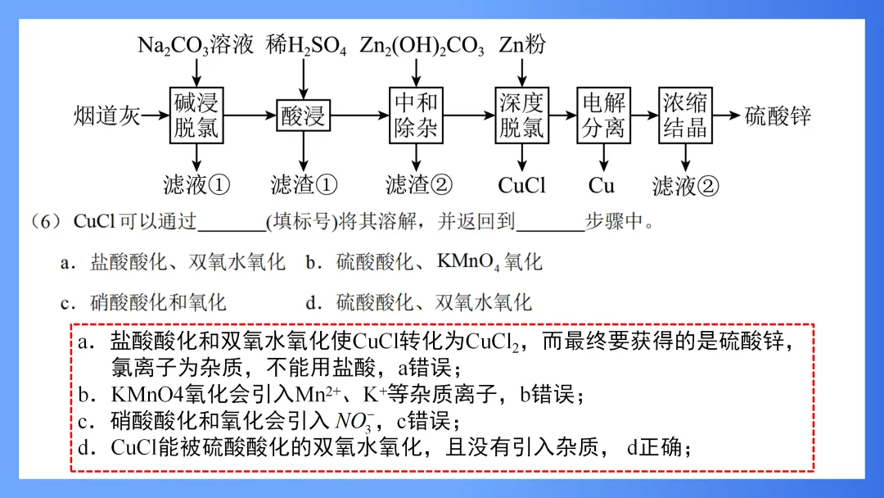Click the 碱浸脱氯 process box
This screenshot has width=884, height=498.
pos(196,115)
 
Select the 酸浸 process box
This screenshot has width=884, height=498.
pos(303,116)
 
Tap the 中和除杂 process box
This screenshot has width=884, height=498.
pos(416,115)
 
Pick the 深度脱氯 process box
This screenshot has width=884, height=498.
pos(521,115)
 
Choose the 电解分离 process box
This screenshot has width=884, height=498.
pos(603,115)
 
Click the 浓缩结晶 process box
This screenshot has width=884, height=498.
pos(684,115)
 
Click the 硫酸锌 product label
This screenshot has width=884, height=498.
pos(778,115)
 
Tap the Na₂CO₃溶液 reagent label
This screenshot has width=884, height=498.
pos(196,45)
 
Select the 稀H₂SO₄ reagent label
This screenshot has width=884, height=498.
pos(306,45)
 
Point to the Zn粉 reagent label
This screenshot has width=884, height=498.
pos(522,45)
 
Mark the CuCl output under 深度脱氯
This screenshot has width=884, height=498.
pos(521,185)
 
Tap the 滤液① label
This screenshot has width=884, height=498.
pos(197,185)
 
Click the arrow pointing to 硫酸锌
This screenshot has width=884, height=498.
pos(725,115)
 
